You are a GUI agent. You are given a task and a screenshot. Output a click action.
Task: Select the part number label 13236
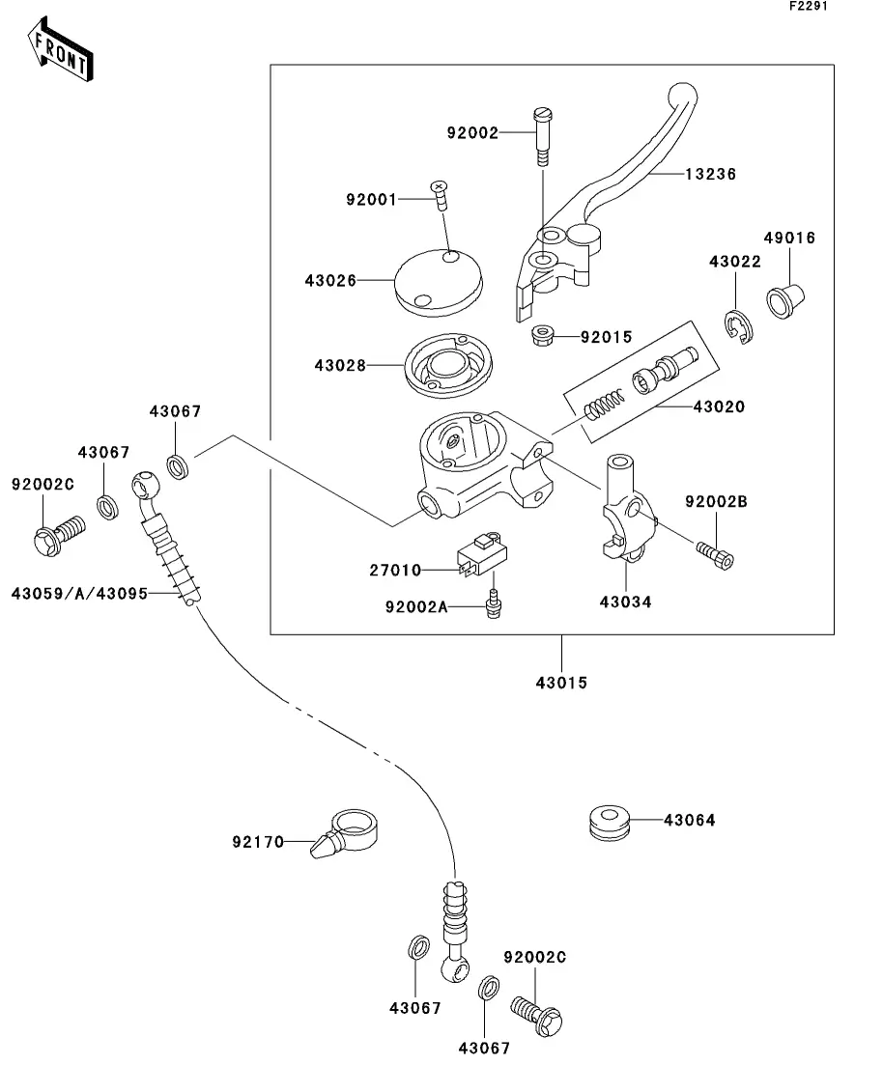click(710, 175)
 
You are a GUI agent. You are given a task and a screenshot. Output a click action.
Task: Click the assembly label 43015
click(561, 682)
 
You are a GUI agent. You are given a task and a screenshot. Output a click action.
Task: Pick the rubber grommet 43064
click(610, 821)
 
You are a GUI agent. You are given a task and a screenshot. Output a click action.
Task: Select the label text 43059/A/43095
click(80, 593)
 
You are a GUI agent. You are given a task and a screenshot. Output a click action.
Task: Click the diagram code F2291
click(808, 8)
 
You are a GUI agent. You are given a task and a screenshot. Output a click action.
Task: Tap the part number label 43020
click(718, 406)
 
